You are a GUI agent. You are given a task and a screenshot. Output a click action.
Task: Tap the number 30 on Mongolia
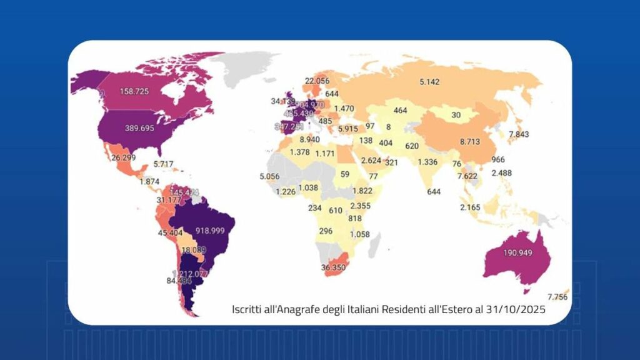point(456,115)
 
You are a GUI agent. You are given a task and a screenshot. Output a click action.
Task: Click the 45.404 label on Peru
point(170,233)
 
